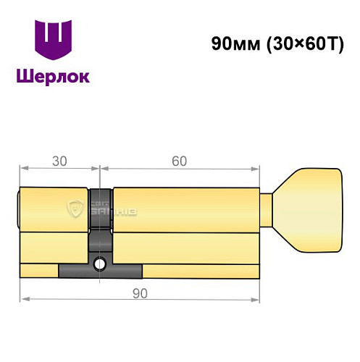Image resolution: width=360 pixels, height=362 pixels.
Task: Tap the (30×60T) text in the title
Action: pyautogui.click(x=297, y=43)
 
